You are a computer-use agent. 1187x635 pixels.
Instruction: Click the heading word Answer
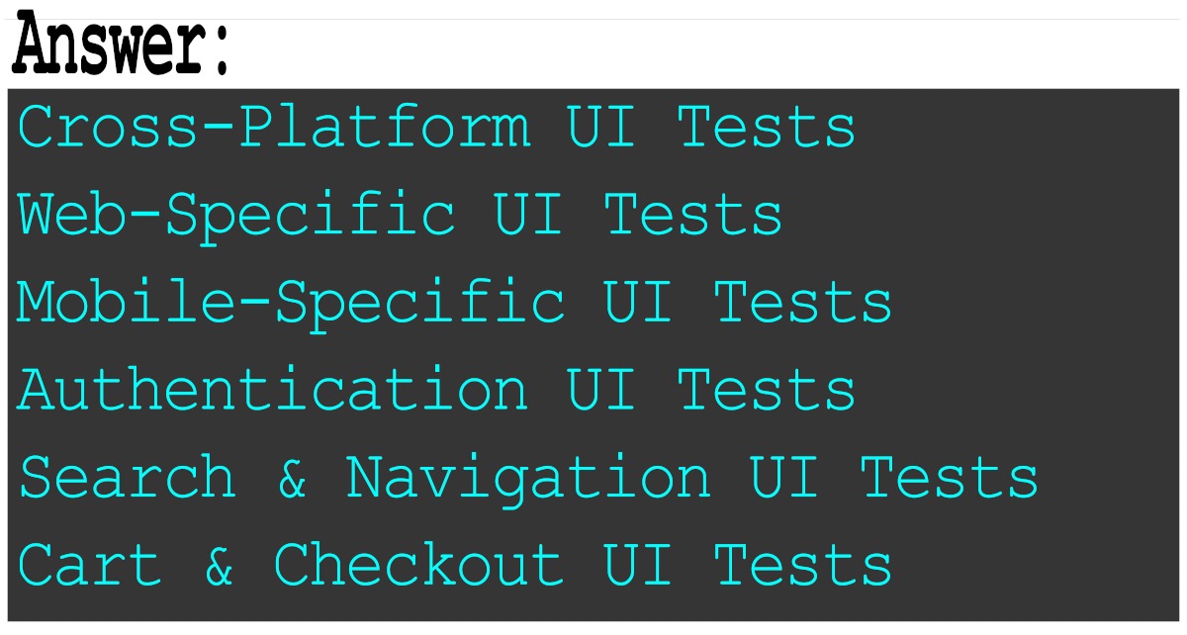click(109, 45)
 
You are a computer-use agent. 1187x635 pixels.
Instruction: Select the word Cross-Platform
click(273, 129)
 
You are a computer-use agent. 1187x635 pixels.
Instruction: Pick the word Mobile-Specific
click(291, 303)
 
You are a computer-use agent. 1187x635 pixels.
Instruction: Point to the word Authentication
click(273, 390)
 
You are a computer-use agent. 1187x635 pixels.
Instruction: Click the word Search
click(128, 477)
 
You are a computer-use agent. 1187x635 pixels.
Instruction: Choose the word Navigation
click(528, 477)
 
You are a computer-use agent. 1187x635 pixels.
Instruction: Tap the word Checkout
click(418, 565)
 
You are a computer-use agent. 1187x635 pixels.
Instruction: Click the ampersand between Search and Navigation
click(292, 478)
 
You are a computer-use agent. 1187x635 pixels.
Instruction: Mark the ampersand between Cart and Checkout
click(220, 566)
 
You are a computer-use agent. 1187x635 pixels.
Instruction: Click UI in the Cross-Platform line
click(601, 129)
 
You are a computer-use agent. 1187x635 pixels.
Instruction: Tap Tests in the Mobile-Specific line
click(802, 303)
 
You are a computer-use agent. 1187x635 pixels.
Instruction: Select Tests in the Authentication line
click(767, 390)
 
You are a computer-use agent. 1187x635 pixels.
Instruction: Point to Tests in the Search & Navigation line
click(949, 477)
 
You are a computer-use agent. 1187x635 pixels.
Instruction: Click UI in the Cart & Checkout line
click(638, 565)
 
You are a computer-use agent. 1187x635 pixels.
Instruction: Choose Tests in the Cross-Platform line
click(767, 129)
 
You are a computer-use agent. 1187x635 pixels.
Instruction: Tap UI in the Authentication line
click(601, 390)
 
